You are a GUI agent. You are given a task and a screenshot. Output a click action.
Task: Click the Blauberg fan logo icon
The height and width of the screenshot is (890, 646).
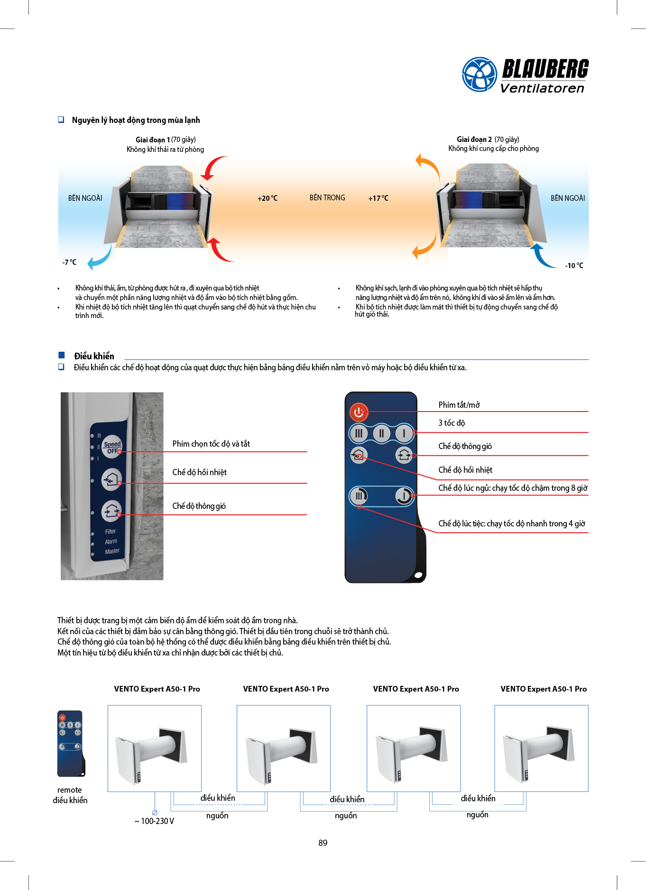[x=479, y=75]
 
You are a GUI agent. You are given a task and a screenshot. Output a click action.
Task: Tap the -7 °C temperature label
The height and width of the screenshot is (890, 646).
[x=69, y=262]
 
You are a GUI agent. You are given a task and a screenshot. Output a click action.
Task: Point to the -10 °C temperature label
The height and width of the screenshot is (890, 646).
[x=574, y=265]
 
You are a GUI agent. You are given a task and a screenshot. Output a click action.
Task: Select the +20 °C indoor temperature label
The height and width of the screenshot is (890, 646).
[x=268, y=198]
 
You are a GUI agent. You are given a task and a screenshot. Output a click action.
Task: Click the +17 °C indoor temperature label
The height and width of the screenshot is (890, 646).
[x=378, y=198]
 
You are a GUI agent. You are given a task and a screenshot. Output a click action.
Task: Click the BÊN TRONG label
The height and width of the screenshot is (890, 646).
[x=327, y=198]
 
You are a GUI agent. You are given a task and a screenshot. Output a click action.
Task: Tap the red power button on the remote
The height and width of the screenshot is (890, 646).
[x=359, y=412]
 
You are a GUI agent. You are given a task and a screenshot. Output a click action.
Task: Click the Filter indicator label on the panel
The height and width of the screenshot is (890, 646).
[x=111, y=532]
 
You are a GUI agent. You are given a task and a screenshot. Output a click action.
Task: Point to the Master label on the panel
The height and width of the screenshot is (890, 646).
[x=112, y=551]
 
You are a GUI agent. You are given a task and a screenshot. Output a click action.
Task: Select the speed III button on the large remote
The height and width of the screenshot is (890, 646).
[x=359, y=433]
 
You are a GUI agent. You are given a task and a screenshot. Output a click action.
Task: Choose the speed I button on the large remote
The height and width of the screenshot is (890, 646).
[x=404, y=433]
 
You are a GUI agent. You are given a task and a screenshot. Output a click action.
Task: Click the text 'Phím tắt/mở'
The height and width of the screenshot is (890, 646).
[x=459, y=405]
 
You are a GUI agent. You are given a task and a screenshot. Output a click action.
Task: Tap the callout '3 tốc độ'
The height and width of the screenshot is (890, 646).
[x=452, y=423]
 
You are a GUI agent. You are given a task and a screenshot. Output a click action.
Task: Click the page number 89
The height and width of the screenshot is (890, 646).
[x=323, y=843]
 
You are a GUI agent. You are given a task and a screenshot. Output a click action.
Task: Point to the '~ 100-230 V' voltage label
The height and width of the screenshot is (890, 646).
[x=154, y=821]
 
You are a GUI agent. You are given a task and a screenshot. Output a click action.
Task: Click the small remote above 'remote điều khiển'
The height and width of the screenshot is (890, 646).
[x=71, y=743]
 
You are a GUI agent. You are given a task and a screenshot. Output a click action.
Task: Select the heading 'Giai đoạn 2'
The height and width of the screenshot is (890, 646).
[x=474, y=140]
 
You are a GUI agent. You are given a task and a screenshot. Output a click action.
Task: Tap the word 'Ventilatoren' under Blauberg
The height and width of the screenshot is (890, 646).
[x=542, y=88]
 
